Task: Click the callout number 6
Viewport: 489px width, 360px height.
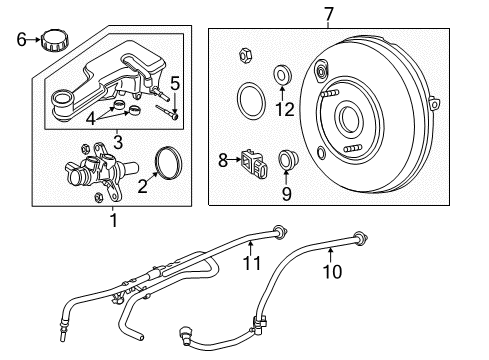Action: (x=21, y=40)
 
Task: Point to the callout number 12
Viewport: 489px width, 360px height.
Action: (x=287, y=108)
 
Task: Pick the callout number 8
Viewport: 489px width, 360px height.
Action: (x=223, y=157)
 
